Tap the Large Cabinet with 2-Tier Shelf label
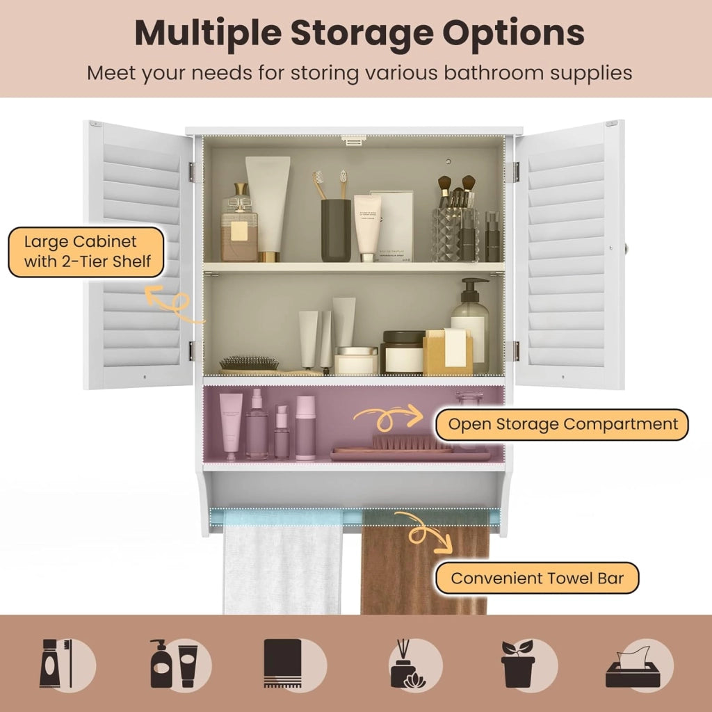point(86,252)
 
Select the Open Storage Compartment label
point(562,425)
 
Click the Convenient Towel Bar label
point(537,578)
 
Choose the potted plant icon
point(518,664)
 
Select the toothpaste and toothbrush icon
point(56,663)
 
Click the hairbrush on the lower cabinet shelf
point(249,364)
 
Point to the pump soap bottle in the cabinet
point(471,326)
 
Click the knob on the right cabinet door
point(626,248)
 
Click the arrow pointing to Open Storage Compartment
point(388,416)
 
